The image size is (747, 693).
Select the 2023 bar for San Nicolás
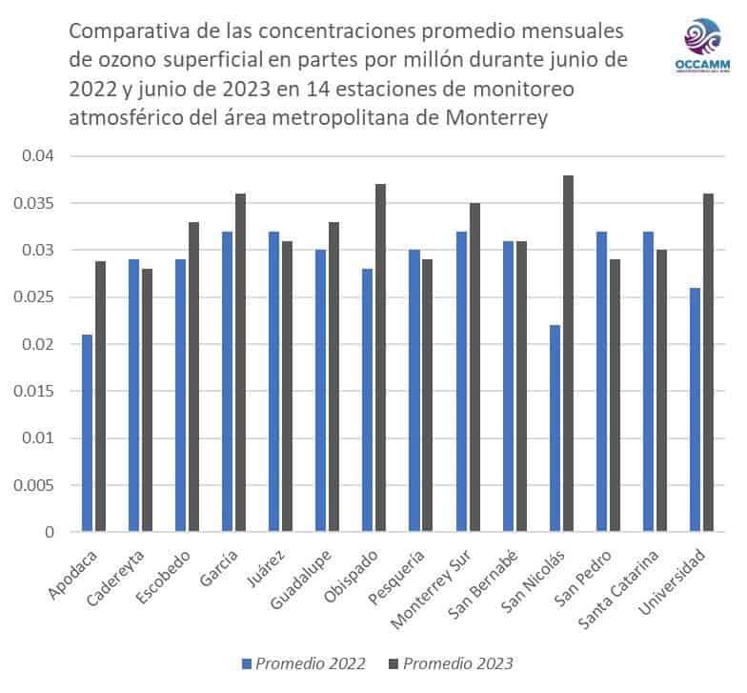pyautogui.click(x=568, y=354)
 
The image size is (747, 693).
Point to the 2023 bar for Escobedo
pyautogui.click(x=193, y=377)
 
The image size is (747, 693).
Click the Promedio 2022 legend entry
pyautogui.click(x=304, y=663)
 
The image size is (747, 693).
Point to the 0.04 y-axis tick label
pyautogui.click(x=41, y=156)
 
